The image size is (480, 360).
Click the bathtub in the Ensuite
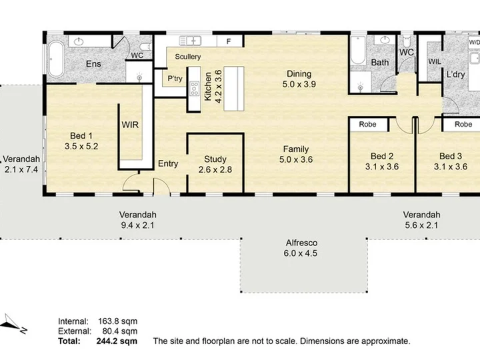coord(56,59)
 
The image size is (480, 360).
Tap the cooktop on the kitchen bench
coord(195,89)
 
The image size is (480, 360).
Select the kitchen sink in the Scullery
coord(190,41)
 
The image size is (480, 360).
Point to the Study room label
coord(215,159)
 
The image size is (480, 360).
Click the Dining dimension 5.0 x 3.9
coord(299,84)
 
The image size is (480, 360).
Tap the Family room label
coord(296,149)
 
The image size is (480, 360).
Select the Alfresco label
coord(301,243)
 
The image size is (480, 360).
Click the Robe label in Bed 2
coord(367,124)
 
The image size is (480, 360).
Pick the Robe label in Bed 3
coord(463,124)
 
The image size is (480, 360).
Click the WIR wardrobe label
coord(130,125)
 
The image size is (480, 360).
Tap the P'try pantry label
coord(175,79)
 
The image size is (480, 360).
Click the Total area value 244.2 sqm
coord(117,341)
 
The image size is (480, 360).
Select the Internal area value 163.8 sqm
coord(117,321)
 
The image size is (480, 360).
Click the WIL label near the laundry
coord(435,61)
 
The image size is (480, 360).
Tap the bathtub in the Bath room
coord(358,51)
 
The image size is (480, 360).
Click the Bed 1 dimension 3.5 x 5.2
coord(81,146)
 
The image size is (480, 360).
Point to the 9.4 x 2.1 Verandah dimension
coord(138,225)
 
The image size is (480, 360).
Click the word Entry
coord(168,164)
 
